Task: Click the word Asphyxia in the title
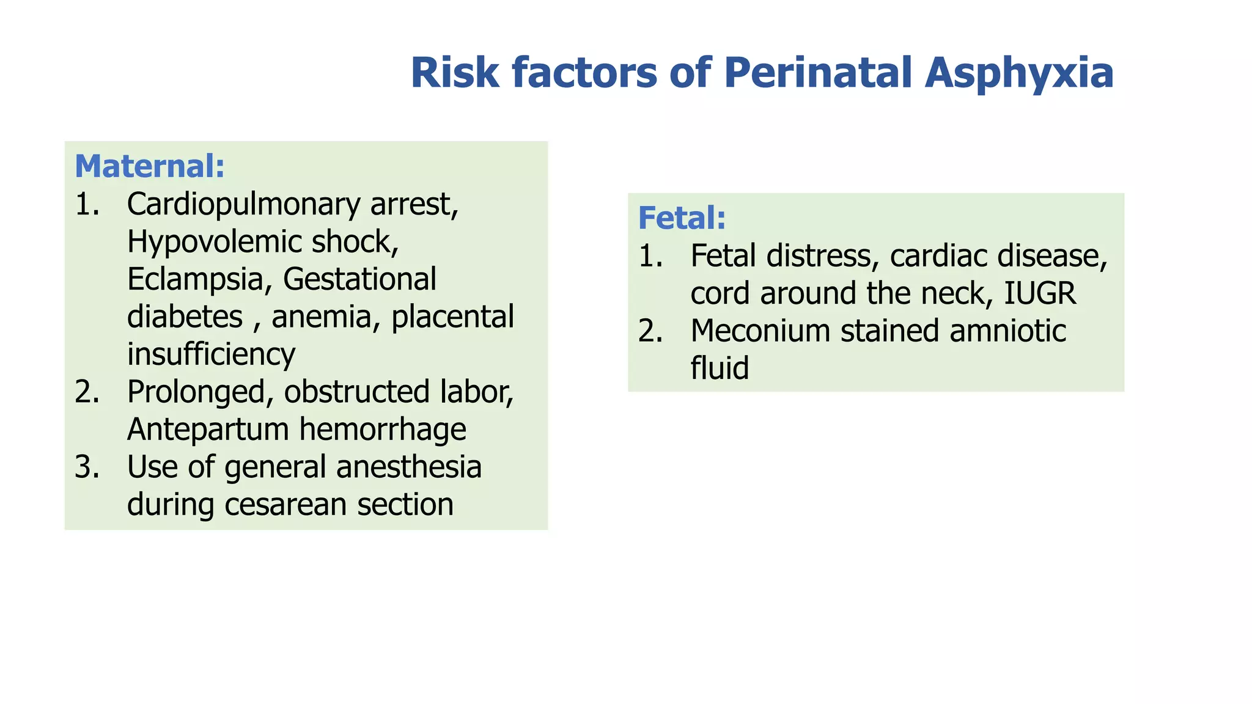click(x=1018, y=73)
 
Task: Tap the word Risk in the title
click(x=455, y=73)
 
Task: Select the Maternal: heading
click(x=150, y=166)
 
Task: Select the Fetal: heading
click(x=682, y=218)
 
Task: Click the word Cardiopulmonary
click(x=243, y=205)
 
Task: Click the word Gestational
click(x=359, y=279)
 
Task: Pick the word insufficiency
click(x=211, y=354)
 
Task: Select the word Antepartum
click(x=208, y=430)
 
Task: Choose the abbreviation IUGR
click(x=1040, y=293)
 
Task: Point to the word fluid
click(x=720, y=369)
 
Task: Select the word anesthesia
click(x=408, y=468)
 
